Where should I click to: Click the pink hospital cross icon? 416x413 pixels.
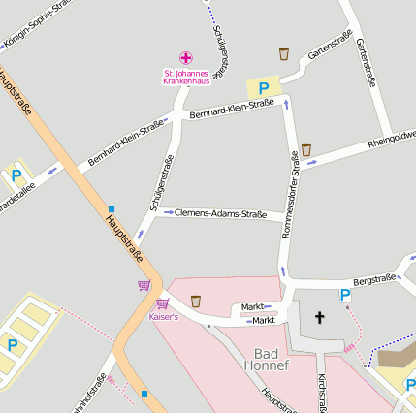186,58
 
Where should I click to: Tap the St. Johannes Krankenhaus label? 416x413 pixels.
186,77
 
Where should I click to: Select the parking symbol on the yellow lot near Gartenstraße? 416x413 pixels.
263,87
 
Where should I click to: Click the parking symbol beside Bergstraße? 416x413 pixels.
344,295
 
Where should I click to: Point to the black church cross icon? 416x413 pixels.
320,317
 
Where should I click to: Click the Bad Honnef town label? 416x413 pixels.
271,360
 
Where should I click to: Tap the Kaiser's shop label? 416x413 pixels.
163,317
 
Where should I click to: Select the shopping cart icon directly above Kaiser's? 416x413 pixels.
162,303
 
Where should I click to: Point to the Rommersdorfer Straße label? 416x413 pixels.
290,195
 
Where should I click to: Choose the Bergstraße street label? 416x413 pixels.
374,279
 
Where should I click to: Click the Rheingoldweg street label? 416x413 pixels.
391,141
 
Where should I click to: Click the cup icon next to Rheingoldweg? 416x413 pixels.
306,150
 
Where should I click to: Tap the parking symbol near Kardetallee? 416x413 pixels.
16,176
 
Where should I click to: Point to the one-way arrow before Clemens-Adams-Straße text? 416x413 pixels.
168,211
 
